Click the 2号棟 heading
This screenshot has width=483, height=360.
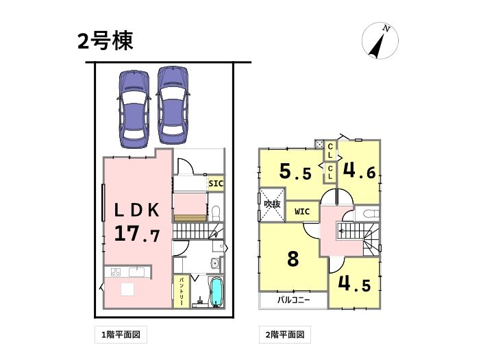coord(105,41)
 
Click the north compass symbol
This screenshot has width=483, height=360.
coord(380,40)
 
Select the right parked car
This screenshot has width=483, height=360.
coord(173,106)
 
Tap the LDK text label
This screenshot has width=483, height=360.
coord(137,211)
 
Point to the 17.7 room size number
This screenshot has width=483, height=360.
coord(137,233)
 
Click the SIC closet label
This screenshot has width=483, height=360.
coord(216,183)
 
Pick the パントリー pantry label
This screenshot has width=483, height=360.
coord(182,291)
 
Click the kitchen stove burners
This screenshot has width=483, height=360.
coord(116,272)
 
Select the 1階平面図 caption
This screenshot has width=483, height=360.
coord(121,335)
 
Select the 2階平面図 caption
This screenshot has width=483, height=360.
coord(285,335)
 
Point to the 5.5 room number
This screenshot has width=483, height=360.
coord(295,171)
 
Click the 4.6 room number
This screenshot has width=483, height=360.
coord(360,171)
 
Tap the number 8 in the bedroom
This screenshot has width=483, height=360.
coord(293,259)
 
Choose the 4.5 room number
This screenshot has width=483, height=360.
coord(354,283)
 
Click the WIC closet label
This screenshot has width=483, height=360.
coord(302,212)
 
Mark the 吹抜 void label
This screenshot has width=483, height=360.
coord(273,204)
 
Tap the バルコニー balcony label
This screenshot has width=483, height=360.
coord(293,300)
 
